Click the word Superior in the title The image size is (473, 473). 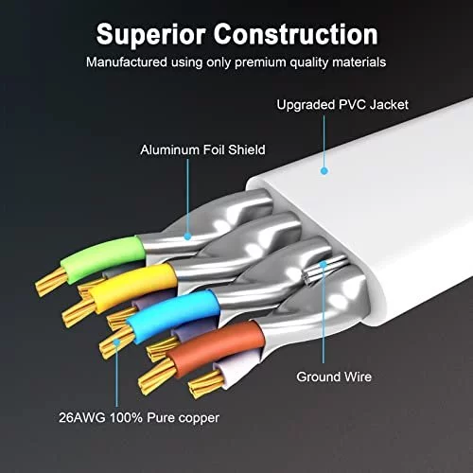pos(151,35)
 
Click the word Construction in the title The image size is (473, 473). pos(296,34)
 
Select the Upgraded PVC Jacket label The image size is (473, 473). pos(342,105)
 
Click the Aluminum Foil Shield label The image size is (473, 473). pos(202,149)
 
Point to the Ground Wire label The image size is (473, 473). pos(334,377)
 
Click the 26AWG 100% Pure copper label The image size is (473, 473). pos(139,418)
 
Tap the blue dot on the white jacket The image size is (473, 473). pos(324,171)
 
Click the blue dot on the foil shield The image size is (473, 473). pos(187,236)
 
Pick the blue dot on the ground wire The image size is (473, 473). pos(324,264)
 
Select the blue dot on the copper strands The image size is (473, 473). pos(116,342)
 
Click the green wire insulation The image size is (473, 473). pos(103,258)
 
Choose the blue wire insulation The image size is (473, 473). pos(174,315)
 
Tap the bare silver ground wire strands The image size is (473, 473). pos(324,270)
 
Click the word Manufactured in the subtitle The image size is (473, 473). pos(127,62)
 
